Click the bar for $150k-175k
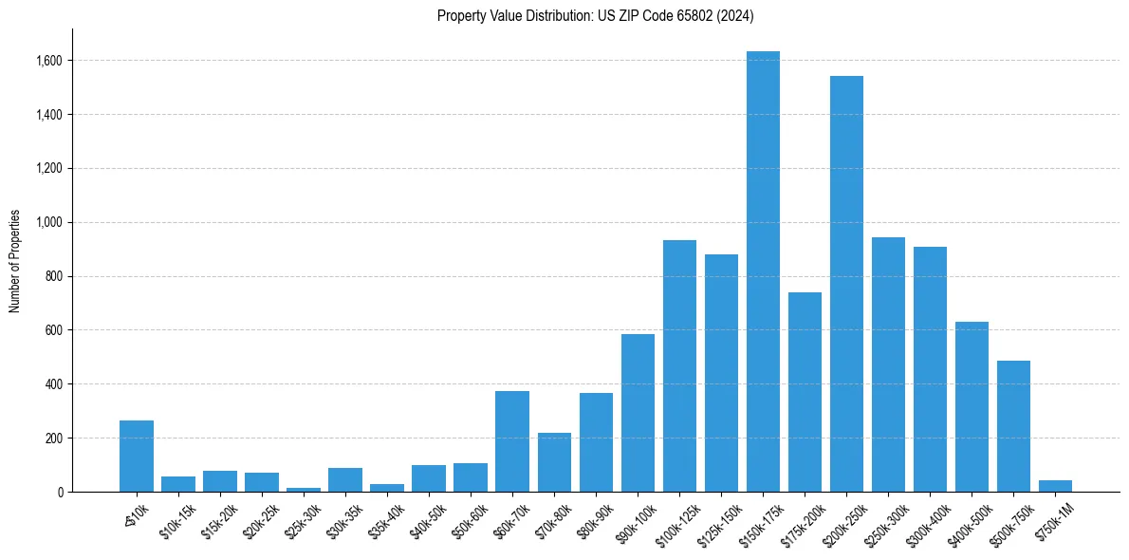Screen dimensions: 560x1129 tap(763, 271)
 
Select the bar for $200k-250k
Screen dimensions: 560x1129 tap(846, 284)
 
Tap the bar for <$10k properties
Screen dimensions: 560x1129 tap(137, 457)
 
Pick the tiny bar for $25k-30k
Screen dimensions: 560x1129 tap(304, 490)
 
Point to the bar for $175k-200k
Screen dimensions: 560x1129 tap(805, 392)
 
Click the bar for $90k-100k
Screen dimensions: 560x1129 tap(638, 413)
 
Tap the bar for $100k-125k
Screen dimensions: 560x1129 tap(679, 366)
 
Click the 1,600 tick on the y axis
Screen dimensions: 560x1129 tap(48, 61)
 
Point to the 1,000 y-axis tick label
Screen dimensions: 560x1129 tap(48, 223)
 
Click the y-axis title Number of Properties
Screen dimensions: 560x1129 tap(14, 261)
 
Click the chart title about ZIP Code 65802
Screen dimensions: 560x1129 tap(595, 15)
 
